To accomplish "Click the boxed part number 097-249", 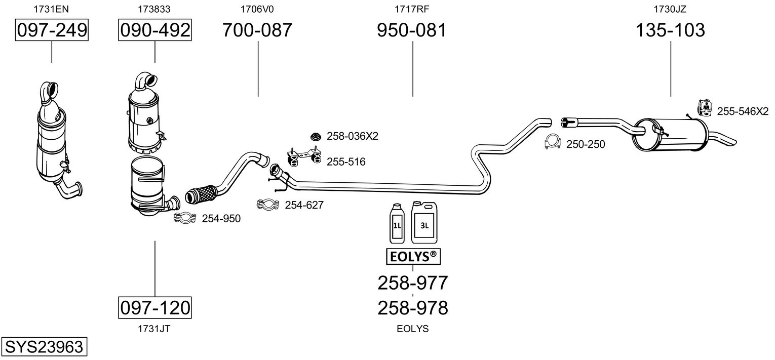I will click(x=52, y=31).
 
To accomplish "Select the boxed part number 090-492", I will click(x=154, y=31).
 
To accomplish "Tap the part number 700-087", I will click(x=257, y=31).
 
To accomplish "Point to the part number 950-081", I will click(x=412, y=31).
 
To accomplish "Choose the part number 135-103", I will click(x=670, y=31).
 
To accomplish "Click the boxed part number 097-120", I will click(x=154, y=307).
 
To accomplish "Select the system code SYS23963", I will click(x=44, y=347).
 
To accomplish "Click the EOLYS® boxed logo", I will click(x=412, y=257).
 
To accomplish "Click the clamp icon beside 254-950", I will click(x=185, y=218).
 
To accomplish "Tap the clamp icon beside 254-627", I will click(x=268, y=205).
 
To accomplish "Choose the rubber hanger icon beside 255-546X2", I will click(x=704, y=107).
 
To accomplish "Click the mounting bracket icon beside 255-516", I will click(x=303, y=156).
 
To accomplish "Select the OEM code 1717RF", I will click(x=412, y=9).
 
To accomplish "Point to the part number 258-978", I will click(x=412, y=307).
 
